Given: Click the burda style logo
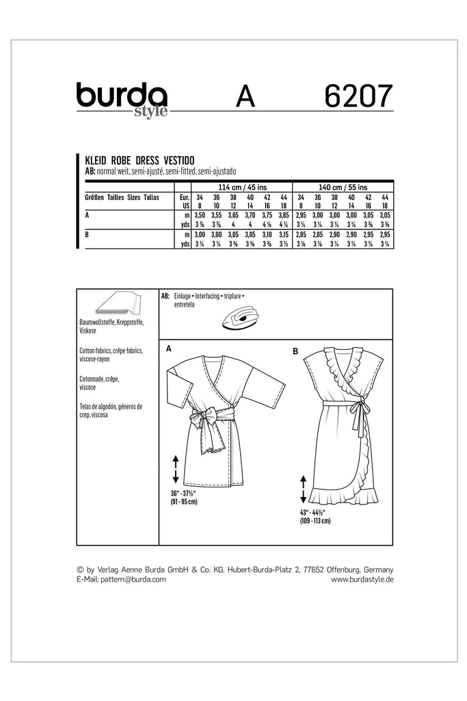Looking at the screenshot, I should tap(122, 99).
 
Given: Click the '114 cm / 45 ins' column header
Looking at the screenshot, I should tap(233, 186).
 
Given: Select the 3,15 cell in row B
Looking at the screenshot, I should tap(284, 234).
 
